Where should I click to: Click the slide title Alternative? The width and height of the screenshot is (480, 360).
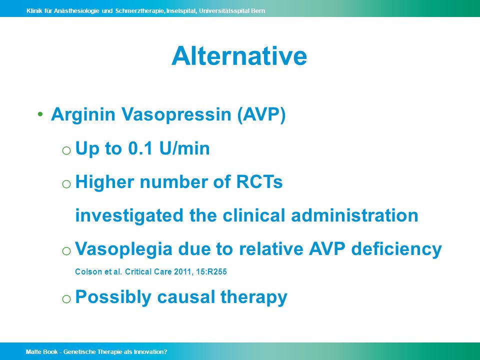[239, 56]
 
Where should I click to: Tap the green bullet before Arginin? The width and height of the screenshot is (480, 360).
[40, 114]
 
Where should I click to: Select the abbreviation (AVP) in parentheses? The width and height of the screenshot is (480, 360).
[261, 115]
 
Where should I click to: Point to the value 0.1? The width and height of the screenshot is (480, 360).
[140, 148]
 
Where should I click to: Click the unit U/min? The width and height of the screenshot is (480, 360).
[184, 148]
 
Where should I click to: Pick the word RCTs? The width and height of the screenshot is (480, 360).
[259, 182]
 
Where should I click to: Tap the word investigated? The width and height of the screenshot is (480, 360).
[129, 215]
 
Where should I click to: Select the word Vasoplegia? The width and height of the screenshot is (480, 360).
[123, 249]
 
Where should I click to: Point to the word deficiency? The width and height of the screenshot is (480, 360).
[396, 249]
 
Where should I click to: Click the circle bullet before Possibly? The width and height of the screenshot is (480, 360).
[66, 299]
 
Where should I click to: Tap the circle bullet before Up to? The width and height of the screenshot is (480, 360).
[66, 150]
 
